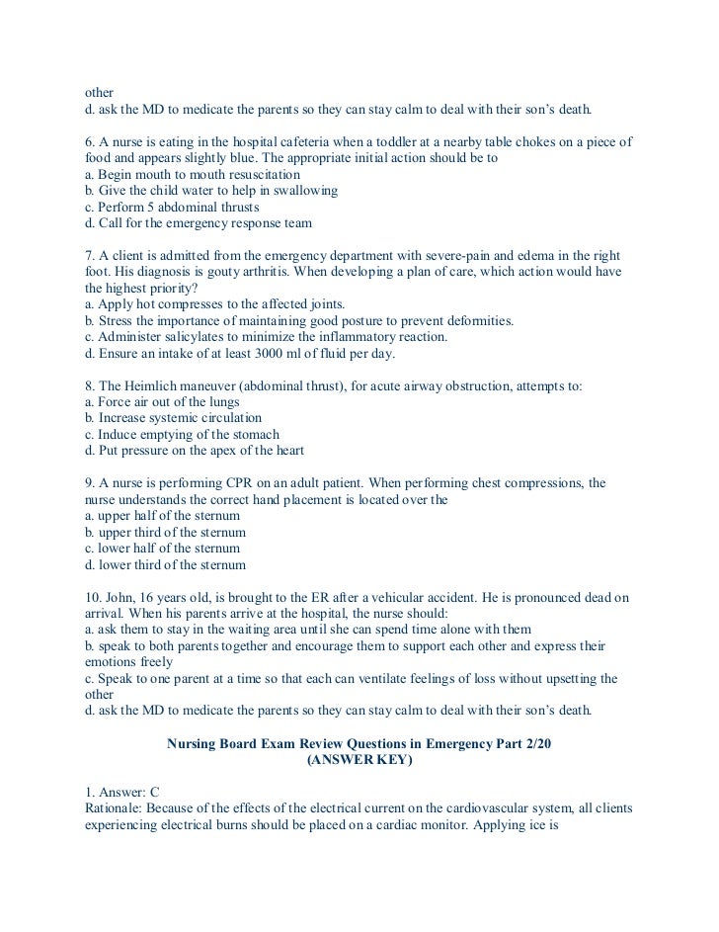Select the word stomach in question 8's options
point(253,435)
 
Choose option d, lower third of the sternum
point(166,564)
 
